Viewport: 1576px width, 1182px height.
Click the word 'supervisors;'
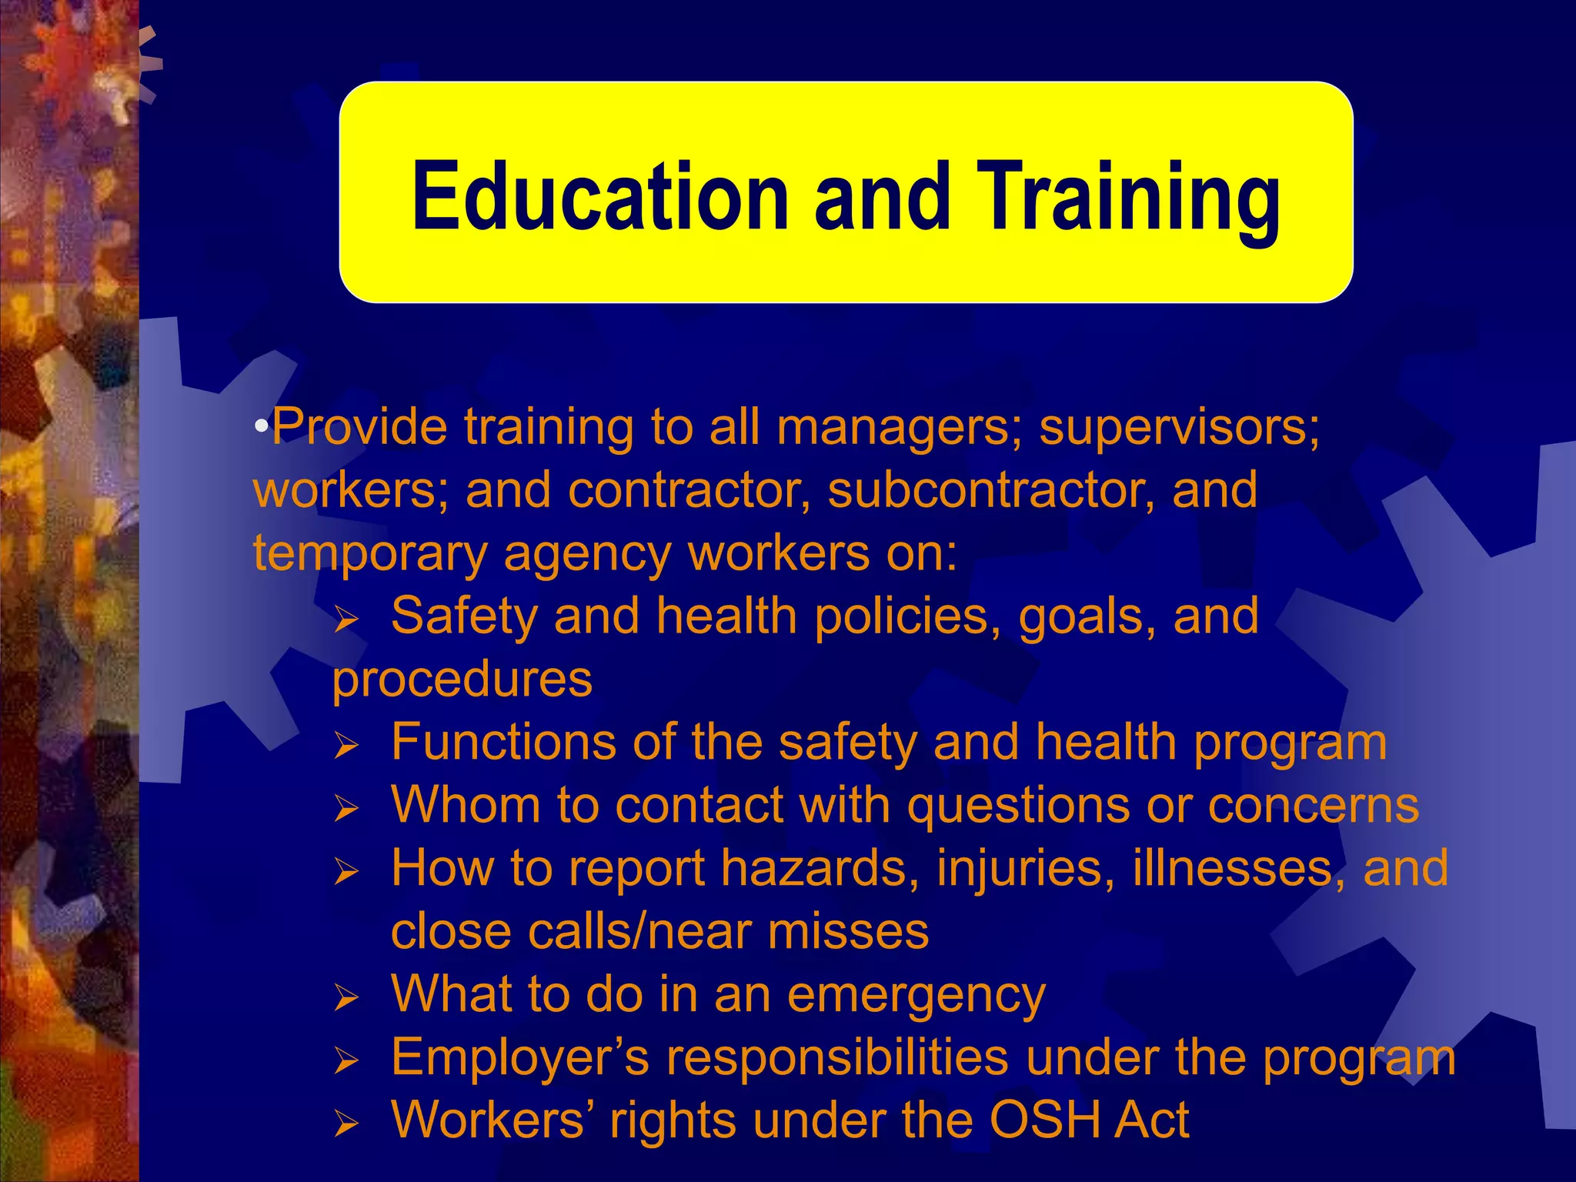click(1180, 427)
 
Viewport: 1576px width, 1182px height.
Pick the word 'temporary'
click(370, 554)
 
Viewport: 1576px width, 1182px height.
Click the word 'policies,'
click(908, 616)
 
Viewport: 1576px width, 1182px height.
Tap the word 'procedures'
click(462, 679)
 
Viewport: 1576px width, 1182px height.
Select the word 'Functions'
click(504, 743)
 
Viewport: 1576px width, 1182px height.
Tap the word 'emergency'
click(917, 995)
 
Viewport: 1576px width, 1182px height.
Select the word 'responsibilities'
click(837, 1058)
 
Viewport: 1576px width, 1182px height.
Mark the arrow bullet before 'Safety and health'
click(347, 619)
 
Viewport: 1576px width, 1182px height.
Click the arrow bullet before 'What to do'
click(347, 998)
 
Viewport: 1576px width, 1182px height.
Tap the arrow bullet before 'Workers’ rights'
click(347, 1124)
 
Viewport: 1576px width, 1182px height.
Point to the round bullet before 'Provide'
click(262, 426)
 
